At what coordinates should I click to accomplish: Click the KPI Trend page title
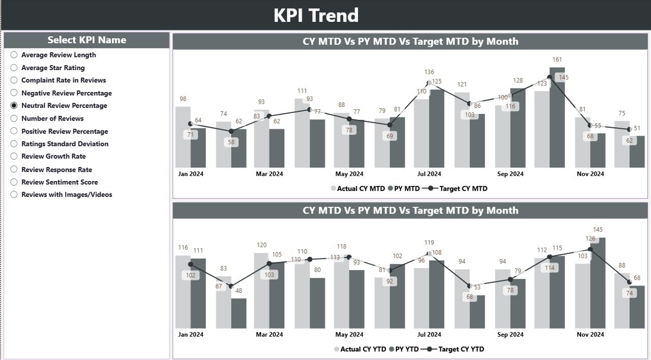coord(316,15)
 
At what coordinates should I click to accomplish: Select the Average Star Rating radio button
coord(14,68)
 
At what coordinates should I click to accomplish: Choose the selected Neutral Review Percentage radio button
coord(14,106)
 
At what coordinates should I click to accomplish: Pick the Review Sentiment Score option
coord(14,182)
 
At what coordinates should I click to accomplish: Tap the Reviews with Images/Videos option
coord(14,195)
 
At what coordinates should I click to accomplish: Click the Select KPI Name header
coord(87,40)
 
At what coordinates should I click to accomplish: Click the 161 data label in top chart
coord(557,60)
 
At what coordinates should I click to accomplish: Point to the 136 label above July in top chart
coord(429,72)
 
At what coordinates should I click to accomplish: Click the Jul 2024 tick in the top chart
coord(429,174)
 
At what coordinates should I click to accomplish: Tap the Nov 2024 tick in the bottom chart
coord(590,335)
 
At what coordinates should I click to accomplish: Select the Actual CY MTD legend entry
coord(358,189)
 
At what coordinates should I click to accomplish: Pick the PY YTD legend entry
coord(405,349)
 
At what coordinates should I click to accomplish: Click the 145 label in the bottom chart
coord(598,230)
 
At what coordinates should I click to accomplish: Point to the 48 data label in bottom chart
coord(239,291)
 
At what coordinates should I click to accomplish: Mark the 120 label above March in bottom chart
coord(261,245)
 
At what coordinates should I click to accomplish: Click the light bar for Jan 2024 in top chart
coord(183,137)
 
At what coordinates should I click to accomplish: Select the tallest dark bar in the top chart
coord(557,117)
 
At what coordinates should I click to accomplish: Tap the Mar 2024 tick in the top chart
coord(269,174)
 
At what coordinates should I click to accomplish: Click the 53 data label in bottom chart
coord(477,287)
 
